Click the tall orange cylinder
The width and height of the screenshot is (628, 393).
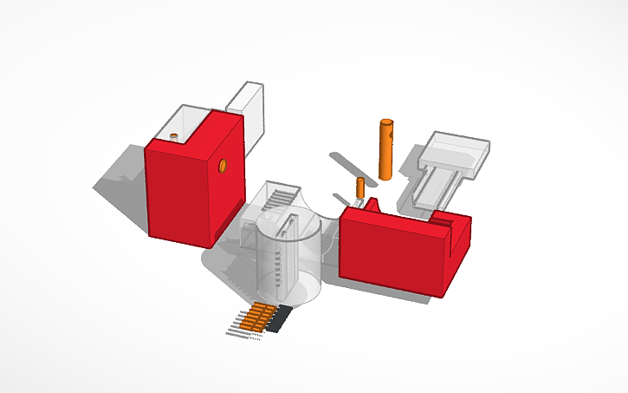click(385, 152)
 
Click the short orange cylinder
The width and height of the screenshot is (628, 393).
click(360, 190)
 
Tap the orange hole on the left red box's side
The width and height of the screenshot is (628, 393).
click(223, 164)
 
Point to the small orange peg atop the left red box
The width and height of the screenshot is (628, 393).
click(174, 137)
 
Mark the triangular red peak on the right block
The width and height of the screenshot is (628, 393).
click(374, 205)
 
